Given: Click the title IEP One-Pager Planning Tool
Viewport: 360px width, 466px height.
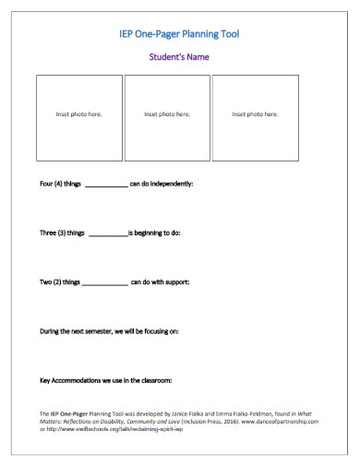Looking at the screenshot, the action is click(x=179, y=34).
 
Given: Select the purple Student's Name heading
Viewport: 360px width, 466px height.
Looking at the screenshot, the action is click(x=179, y=57).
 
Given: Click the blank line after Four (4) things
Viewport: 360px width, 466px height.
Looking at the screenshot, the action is click(x=106, y=185).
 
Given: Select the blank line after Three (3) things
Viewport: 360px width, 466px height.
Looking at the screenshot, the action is click(x=108, y=233).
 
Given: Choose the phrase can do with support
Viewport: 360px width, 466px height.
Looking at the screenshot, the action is click(x=161, y=281).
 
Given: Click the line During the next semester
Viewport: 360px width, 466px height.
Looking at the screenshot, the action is click(x=109, y=329).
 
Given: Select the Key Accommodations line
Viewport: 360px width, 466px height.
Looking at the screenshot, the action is click(x=106, y=379).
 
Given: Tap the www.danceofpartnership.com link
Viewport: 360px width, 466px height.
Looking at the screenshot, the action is click(x=280, y=421).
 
